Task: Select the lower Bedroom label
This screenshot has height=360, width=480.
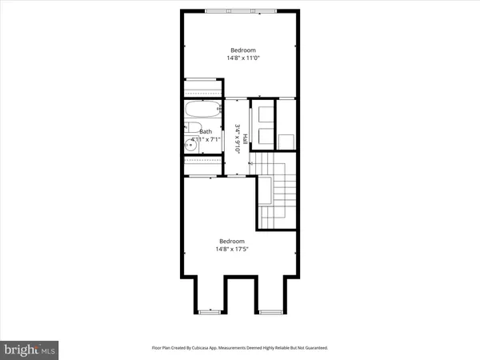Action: point(232,241)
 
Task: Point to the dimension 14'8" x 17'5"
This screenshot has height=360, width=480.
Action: point(232,250)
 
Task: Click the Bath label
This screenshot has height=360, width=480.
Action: point(206,132)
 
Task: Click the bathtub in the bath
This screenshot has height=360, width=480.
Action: point(203,109)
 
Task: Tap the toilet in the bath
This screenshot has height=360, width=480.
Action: point(192,128)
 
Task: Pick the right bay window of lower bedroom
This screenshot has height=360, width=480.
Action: point(269,309)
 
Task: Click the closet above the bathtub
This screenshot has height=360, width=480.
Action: point(203,87)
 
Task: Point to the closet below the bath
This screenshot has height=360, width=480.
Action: point(203,164)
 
